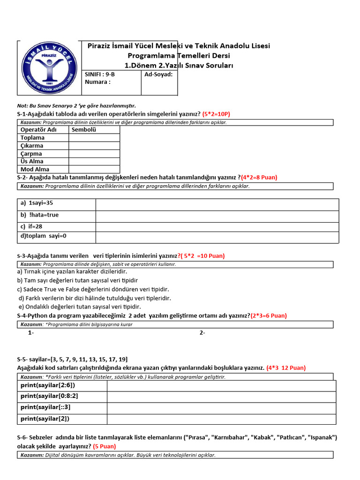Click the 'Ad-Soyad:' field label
tap(158, 75)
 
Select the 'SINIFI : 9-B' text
tap(99, 75)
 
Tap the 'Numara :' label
tap(97, 82)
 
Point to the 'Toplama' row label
tap(32, 138)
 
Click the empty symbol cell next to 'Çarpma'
tap(94, 154)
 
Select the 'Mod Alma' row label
tap(35, 169)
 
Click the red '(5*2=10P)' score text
tap(216, 114)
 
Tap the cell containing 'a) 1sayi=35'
tap(56, 204)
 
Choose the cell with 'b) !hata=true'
tap(56, 215)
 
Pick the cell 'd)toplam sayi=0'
tap(56, 236)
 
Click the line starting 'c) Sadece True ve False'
tap(93, 289)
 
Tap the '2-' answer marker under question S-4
tap(202, 333)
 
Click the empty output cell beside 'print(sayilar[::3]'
tap(221, 408)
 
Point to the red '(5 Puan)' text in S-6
tap(105, 446)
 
